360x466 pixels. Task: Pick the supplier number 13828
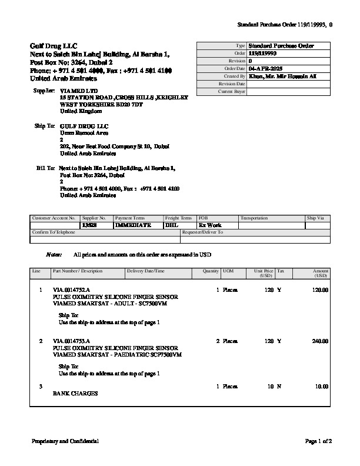tap(89, 225)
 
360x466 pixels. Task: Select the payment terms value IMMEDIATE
tap(133, 225)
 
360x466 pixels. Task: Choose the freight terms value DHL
tap(171, 225)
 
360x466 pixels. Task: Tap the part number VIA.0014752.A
tap(71, 291)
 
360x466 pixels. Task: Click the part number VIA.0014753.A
tap(71, 341)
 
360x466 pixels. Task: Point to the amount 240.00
tap(320, 341)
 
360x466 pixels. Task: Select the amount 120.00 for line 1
tap(320, 291)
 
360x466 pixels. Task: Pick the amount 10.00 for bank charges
tap(322, 387)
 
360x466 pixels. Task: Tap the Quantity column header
tap(211, 271)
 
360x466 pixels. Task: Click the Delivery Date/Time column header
tap(146, 271)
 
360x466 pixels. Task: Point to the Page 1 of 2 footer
tap(319, 441)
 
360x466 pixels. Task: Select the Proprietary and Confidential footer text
tap(65, 441)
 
